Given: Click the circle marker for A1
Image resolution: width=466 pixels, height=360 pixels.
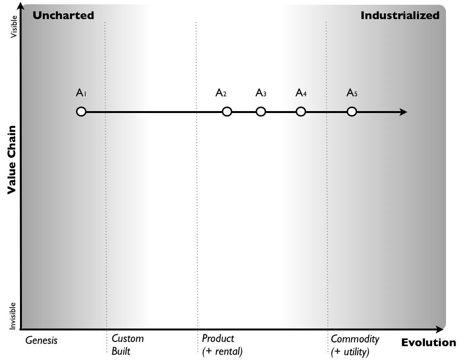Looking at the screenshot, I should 81,112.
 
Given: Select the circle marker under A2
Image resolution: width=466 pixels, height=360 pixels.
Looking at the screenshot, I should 227,112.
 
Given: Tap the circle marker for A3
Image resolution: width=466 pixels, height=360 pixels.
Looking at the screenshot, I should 261,112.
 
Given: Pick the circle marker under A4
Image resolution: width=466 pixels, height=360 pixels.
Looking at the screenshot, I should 301,112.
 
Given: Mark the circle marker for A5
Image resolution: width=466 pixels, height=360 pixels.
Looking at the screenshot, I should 352,112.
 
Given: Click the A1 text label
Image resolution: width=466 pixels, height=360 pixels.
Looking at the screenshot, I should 81,93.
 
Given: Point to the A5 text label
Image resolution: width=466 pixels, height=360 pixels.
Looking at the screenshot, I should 352,93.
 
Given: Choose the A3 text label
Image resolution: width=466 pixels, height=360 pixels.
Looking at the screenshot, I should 261,93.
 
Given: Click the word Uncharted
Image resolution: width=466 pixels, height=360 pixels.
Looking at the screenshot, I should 63,15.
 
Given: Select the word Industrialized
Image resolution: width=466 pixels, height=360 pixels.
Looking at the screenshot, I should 400,15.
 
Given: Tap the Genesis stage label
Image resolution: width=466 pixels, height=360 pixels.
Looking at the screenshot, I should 41,340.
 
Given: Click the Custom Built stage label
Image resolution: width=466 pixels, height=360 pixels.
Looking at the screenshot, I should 127,345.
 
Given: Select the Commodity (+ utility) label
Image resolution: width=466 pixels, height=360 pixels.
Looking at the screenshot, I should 355,345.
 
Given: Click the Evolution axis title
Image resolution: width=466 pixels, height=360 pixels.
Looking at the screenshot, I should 428,342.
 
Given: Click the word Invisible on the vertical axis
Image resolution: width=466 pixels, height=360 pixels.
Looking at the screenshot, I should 14,316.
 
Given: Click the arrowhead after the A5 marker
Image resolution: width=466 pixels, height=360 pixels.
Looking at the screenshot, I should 403,112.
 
